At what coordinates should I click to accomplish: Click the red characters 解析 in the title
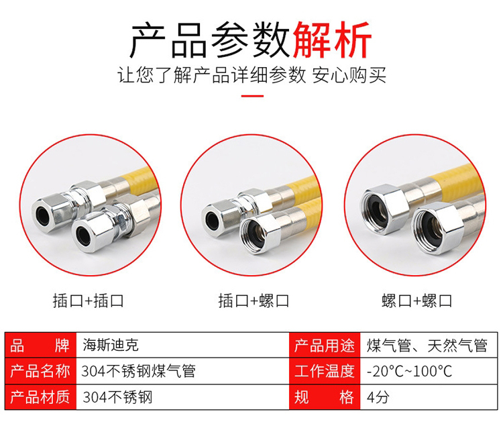click(x=332, y=40)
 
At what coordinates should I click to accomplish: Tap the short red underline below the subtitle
click(x=252, y=96)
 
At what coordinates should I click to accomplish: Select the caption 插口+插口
click(x=89, y=301)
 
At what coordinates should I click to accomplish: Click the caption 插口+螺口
click(x=254, y=301)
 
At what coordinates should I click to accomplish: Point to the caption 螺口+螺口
click(x=416, y=301)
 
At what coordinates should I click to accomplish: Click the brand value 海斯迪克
click(x=111, y=345)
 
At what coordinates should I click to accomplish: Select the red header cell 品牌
click(x=40, y=345)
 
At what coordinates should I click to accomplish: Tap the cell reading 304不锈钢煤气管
click(x=138, y=371)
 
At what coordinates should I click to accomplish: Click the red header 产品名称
click(x=40, y=371)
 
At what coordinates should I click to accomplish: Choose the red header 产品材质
click(x=40, y=397)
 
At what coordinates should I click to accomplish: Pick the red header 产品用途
click(x=325, y=345)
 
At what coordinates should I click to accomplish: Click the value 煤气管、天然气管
click(x=427, y=345)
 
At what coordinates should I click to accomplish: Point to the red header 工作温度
click(x=325, y=371)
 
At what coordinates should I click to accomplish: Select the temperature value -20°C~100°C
click(x=409, y=371)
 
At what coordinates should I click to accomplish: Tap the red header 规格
click(x=325, y=397)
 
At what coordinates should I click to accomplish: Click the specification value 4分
click(x=378, y=397)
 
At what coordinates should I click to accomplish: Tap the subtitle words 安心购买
click(x=349, y=75)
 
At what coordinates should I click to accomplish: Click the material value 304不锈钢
click(x=117, y=397)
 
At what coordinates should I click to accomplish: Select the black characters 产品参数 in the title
click(x=210, y=40)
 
